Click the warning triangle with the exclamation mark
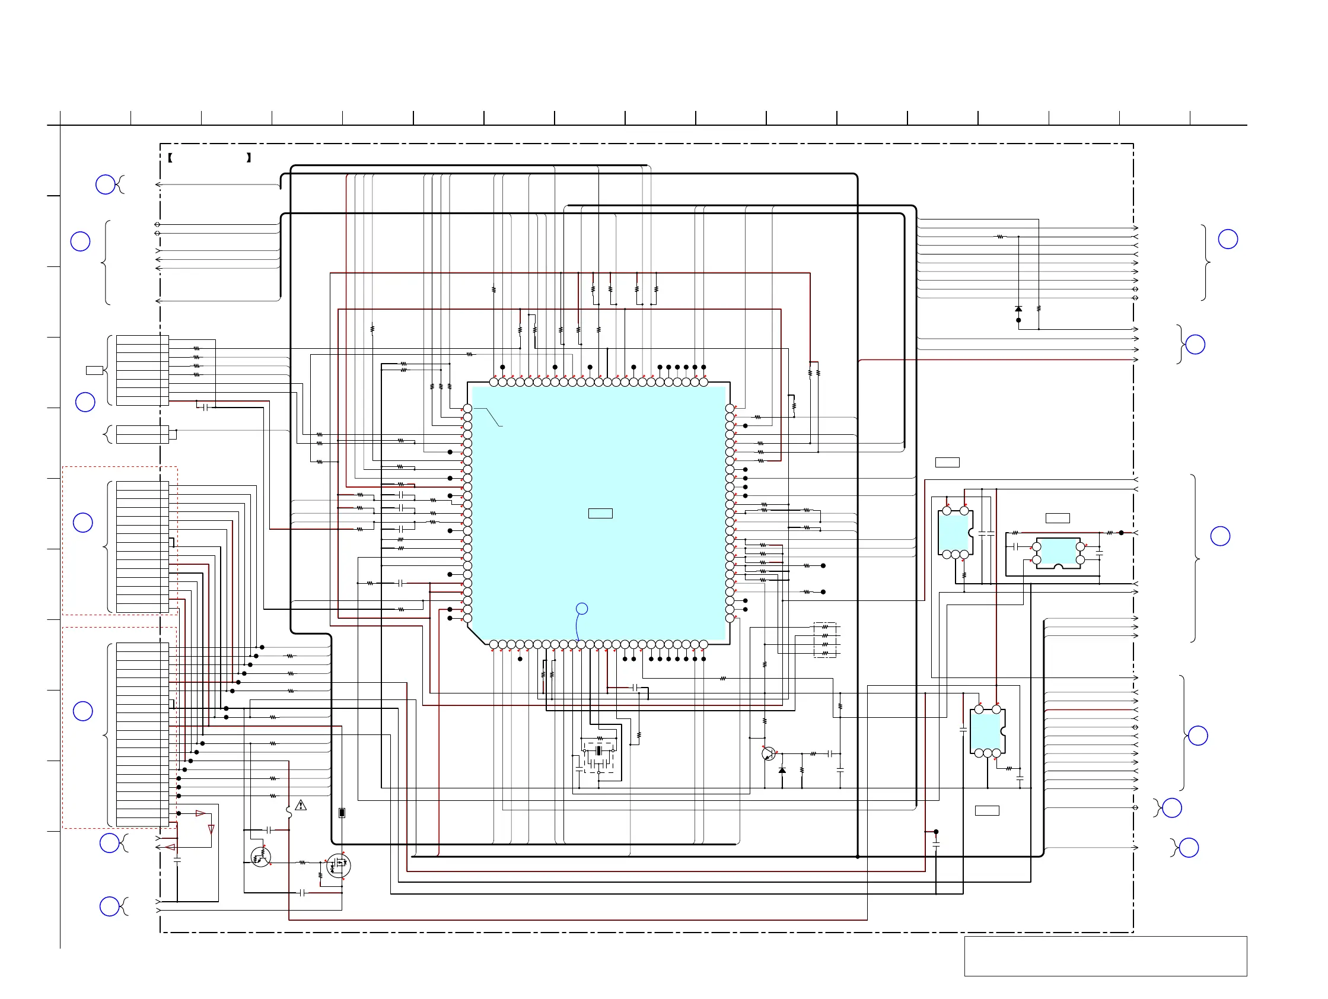[x=301, y=805]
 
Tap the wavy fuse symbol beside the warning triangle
[x=289, y=812]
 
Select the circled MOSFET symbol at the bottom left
[x=339, y=866]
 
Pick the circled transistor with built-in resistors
[x=260, y=857]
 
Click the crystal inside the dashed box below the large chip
[x=598, y=751]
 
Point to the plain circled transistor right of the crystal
[x=769, y=754]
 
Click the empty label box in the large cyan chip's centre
[x=600, y=513]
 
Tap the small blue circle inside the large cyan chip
[x=582, y=609]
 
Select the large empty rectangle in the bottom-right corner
[x=1105, y=956]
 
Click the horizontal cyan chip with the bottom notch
[x=1058, y=553]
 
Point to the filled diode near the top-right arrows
[x=1018, y=308]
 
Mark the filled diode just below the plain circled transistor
[x=782, y=769]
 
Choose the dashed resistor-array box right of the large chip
[x=825, y=640]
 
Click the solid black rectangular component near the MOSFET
[x=342, y=813]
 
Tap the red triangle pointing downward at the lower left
[x=211, y=829]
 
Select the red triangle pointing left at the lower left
[x=170, y=847]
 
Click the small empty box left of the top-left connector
[x=94, y=370]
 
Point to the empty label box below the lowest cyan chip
[x=987, y=810]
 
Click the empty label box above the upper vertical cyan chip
[x=947, y=462]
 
